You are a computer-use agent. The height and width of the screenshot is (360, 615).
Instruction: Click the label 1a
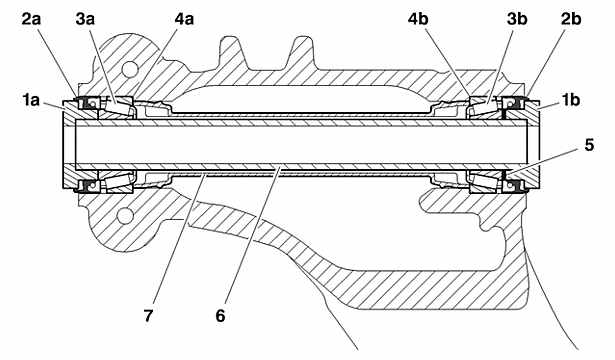coord(31,100)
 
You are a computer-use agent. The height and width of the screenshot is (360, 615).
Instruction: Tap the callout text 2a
coord(31,19)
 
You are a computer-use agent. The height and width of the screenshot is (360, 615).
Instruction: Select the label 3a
coord(85,19)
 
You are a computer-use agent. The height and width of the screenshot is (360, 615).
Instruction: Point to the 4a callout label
coord(184,19)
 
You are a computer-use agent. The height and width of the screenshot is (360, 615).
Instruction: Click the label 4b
coord(418,19)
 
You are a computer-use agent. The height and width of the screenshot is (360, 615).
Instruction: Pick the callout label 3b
coord(517,19)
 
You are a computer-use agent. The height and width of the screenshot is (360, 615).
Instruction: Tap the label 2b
coord(571,19)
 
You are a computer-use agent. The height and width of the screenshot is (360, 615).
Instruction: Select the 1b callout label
coord(571,100)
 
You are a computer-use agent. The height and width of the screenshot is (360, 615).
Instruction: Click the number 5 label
coord(589,145)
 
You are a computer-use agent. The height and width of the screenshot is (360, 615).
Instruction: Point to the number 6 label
coord(220,315)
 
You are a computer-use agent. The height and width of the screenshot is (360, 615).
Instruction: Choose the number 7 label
coord(148,315)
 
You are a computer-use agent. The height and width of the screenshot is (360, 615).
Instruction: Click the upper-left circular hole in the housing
coord(130,69)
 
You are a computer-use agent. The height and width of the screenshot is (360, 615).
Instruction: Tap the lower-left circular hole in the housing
coord(125,215)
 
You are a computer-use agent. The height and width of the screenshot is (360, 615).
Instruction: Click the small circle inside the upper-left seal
coord(93,104)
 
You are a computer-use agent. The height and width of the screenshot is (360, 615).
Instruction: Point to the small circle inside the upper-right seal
coord(509,104)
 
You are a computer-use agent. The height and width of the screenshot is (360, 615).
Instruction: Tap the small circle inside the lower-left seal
coord(93,184)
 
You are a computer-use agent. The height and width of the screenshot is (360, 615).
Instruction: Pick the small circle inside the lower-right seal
coord(509,184)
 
